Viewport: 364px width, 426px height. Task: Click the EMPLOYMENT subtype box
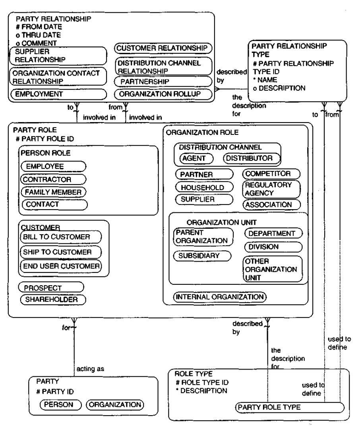point(59,94)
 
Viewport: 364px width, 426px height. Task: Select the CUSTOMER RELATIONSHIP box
point(163,49)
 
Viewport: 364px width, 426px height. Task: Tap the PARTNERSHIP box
point(163,82)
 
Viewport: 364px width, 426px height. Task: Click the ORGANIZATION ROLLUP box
point(163,94)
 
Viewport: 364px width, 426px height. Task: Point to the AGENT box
point(197,158)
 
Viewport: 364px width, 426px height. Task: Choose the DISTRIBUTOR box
point(252,158)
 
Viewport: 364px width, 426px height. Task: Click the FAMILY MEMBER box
point(54,192)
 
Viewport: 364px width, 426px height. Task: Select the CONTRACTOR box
point(53,179)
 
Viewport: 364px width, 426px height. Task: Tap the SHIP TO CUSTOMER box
point(60,252)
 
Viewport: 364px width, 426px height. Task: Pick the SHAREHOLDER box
point(53,300)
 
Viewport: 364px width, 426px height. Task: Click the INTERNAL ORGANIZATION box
point(220,297)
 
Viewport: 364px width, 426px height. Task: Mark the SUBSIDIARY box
point(202,256)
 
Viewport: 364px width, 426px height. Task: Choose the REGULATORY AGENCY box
point(271,189)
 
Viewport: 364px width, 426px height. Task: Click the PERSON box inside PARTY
point(60,405)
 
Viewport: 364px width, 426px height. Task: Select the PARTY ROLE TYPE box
point(290,408)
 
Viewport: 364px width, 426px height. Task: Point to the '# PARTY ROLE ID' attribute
point(45,139)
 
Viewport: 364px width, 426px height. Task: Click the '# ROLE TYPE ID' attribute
point(202,383)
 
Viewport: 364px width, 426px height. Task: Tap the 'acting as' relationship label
point(90,369)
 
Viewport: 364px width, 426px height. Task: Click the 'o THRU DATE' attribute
point(38,35)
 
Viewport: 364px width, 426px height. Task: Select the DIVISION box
point(273,247)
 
